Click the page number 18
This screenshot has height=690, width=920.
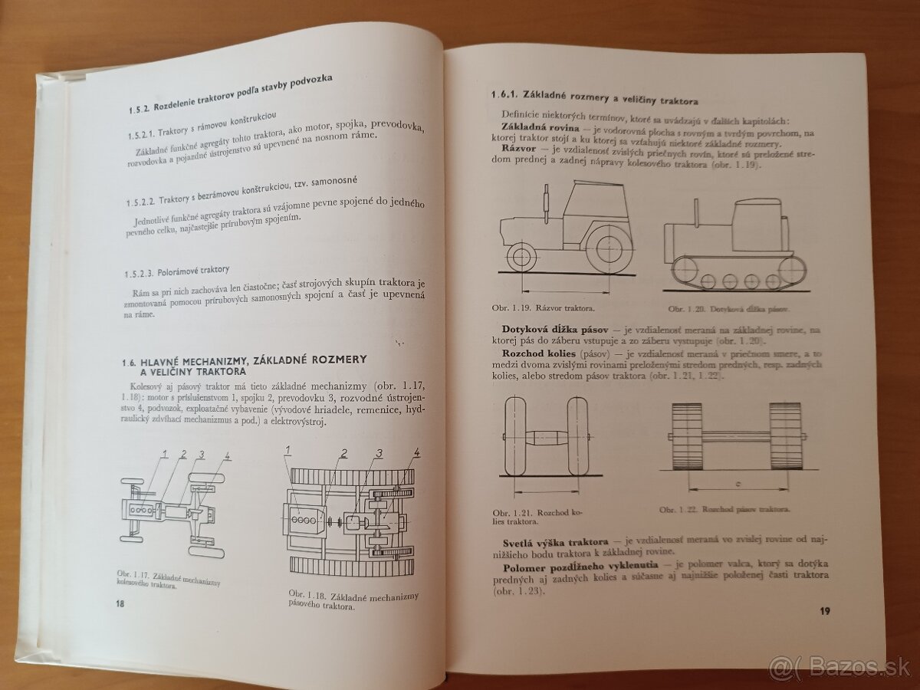pos(120,604)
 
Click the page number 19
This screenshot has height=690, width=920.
pos(824,611)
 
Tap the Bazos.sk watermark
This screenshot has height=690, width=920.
pos(839,669)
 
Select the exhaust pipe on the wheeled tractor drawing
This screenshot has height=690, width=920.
pos(546,204)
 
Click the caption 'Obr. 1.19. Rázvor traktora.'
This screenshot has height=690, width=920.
pos(543,308)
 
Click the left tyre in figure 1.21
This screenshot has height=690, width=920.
pos(515,435)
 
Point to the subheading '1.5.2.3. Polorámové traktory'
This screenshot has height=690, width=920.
pos(177,272)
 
